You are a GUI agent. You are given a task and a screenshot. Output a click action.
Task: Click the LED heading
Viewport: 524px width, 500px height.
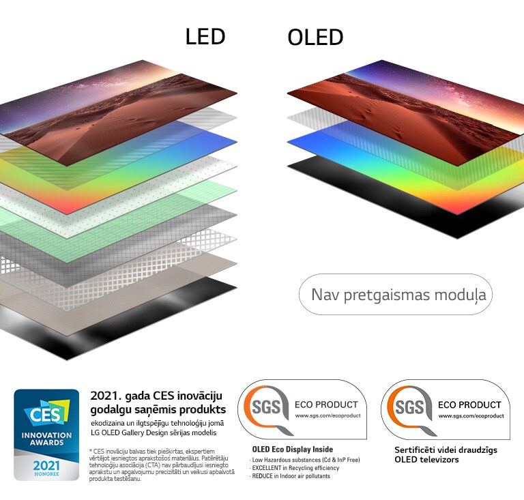205,37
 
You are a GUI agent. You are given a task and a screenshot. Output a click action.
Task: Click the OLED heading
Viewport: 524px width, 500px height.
315,38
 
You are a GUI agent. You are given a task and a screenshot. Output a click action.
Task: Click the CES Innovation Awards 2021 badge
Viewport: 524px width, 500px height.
47,435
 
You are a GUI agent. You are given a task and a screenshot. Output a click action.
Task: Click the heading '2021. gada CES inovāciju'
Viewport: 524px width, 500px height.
156,396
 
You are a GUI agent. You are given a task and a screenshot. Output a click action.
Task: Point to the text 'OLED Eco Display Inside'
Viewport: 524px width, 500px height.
292,450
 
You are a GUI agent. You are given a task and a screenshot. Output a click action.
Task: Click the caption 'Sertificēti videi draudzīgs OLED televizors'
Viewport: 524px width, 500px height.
446,454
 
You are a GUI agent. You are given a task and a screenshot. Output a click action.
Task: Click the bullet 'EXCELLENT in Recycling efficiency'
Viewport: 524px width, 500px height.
295,468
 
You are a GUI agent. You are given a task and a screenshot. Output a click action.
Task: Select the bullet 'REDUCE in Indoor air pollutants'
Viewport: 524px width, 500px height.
291,476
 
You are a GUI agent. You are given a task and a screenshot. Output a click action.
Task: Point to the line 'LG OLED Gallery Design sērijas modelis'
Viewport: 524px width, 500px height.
154,433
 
